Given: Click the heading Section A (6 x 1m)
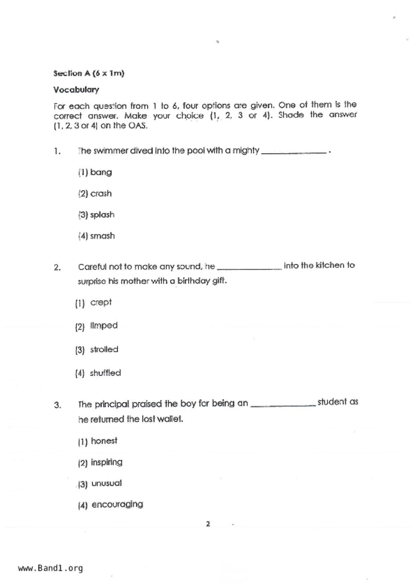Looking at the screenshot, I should (x=88, y=73).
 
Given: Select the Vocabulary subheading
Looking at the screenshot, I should (x=76, y=90).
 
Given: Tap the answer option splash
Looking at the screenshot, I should (x=102, y=215).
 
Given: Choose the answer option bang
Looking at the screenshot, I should (x=100, y=172).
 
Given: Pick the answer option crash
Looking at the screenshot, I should (x=100, y=193).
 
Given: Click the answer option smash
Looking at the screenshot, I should (x=102, y=236).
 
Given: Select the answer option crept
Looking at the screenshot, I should (x=100, y=303).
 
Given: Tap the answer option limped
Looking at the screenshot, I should (x=103, y=326).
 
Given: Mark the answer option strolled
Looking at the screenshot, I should (x=104, y=349).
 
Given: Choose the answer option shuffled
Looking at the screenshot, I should (x=105, y=373).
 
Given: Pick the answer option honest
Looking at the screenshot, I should (x=104, y=441).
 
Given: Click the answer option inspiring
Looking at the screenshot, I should (x=107, y=462).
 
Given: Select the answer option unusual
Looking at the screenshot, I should (x=106, y=483).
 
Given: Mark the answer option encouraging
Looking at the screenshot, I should (x=117, y=504).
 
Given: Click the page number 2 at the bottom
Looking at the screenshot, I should (x=208, y=524).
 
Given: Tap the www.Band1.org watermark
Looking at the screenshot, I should (x=50, y=568).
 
